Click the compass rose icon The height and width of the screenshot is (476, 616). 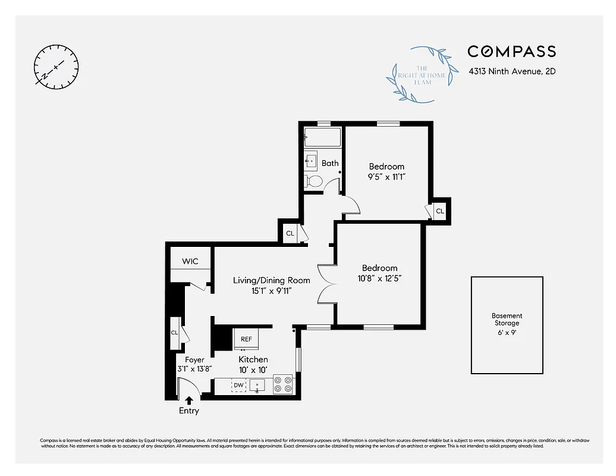(56, 66)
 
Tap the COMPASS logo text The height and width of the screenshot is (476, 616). (511, 52)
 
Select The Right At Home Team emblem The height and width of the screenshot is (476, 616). (423, 74)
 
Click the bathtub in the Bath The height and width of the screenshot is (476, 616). (322, 137)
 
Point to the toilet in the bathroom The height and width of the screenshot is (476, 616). (313, 181)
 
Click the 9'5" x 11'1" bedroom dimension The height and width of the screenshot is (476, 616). (386, 177)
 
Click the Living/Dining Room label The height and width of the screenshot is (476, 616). (263, 280)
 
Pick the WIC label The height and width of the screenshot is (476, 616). (190, 262)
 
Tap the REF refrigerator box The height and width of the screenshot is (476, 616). (246, 339)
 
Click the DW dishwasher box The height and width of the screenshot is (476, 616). (238, 386)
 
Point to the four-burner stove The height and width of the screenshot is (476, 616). (283, 384)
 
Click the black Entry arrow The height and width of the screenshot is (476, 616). (190, 400)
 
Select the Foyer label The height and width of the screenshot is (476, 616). (194, 360)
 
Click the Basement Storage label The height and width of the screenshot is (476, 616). (507, 320)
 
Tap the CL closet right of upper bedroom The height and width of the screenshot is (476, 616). (439, 211)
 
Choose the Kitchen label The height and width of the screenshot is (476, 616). (253, 359)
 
